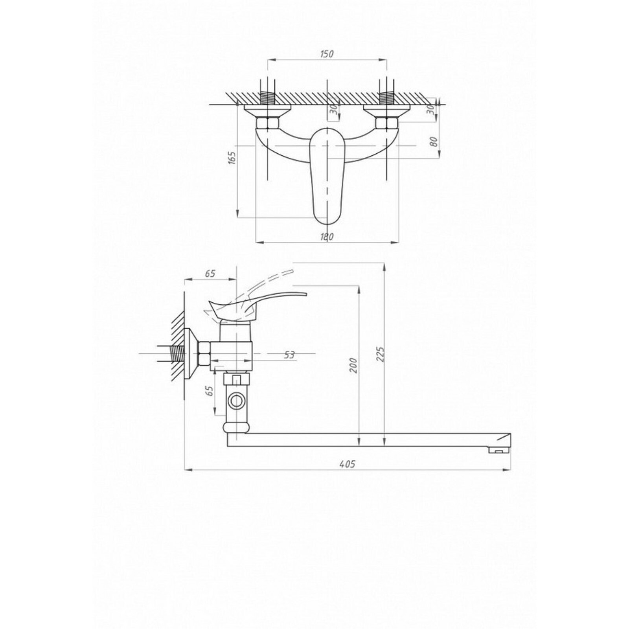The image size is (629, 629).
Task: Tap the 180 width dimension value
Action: click(x=327, y=237)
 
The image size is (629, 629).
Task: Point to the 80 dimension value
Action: click(x=434, y=142)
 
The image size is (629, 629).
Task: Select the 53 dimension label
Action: click(x=289, y=355)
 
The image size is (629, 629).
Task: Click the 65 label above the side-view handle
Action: click(x=210, y=274)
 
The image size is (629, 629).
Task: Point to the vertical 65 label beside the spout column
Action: click(x=210, y=390)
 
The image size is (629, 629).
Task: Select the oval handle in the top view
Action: click(x=327, y=176)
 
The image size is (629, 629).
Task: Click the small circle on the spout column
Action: click(x=237, y=401)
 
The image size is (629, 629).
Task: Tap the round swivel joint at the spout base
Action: click(x=236, y=428)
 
